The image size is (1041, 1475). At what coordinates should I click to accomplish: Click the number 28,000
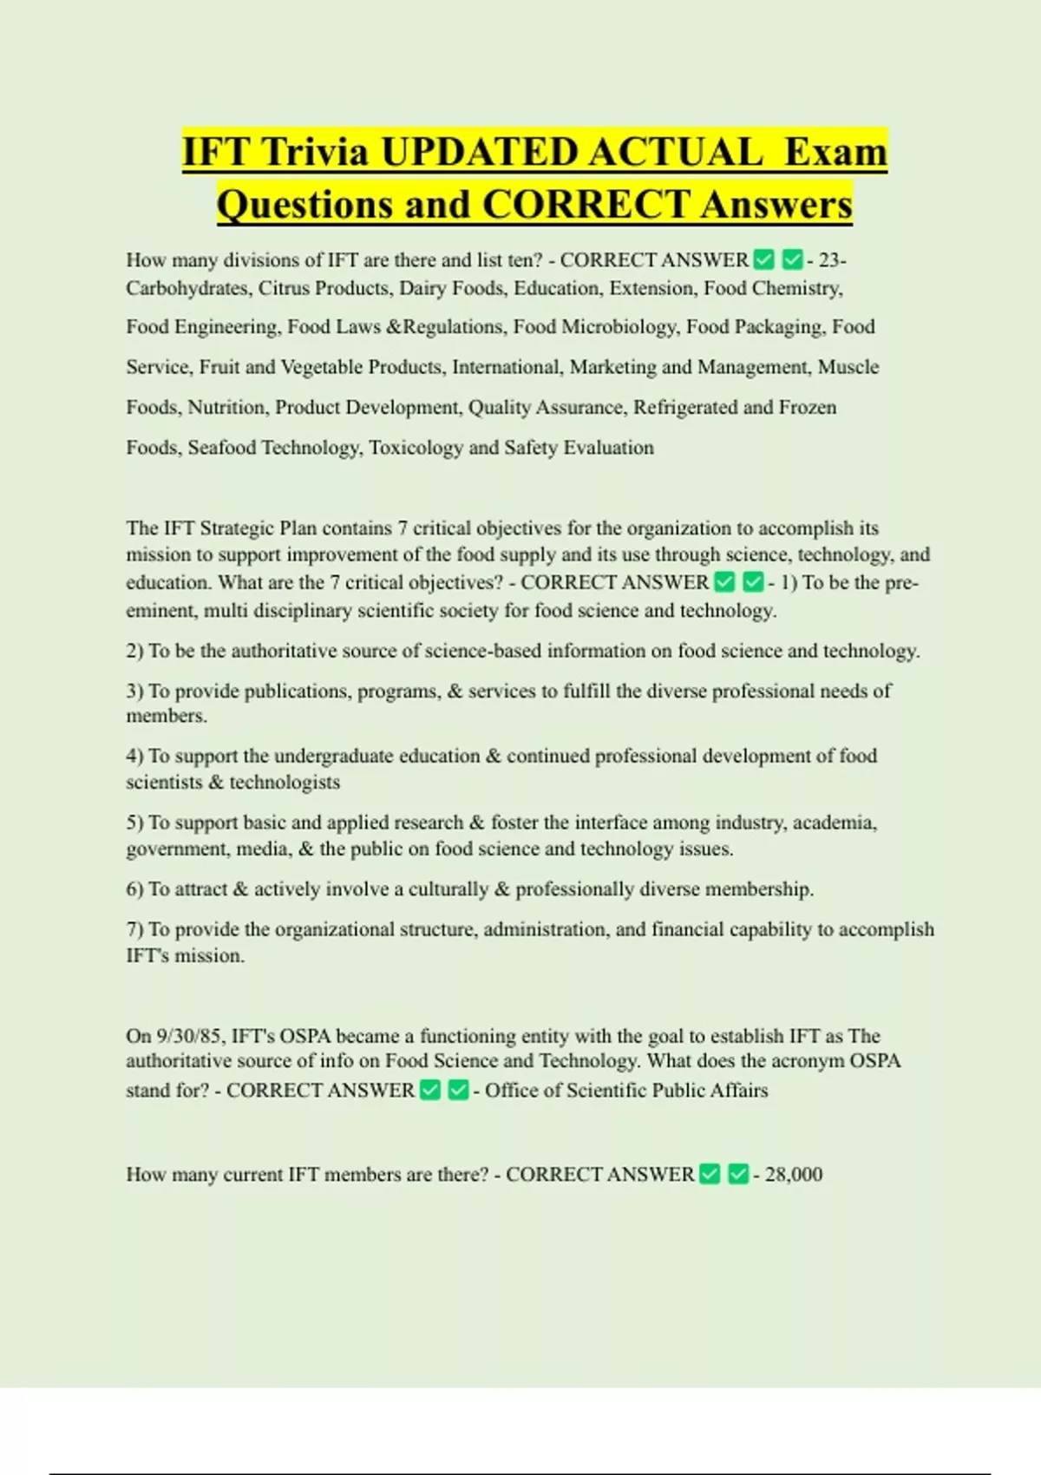click(x=794, y=1175)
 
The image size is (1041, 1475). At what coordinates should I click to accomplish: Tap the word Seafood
click(x=221, y=448)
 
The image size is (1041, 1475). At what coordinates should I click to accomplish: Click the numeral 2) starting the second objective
click(x=134, y=652)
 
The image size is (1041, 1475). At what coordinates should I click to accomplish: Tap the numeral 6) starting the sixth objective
click(x=134, y=889)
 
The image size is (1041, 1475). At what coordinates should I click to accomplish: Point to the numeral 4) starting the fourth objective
click(x=134, y=756)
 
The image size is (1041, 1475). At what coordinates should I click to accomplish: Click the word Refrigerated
click(x=684, y=408)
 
